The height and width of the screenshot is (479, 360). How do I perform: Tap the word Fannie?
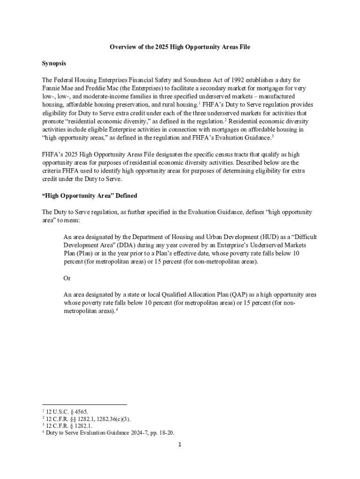(x=51, y=88)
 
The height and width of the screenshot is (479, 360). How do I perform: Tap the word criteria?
(x=51, y=171)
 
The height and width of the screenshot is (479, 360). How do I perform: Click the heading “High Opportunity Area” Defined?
(x=89, y=195)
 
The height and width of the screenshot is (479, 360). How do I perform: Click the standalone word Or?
(x=67, y=278)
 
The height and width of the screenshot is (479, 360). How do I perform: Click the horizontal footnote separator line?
(x=84, y=404)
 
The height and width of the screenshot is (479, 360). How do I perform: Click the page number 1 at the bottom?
(x=179, y=444)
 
